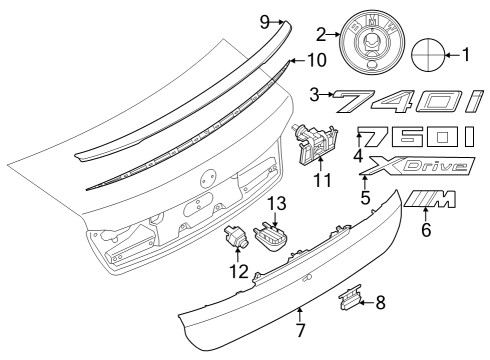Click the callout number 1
[x=467, y=54]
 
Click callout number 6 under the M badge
[x=426, y=229]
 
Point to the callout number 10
[x=316, y=60]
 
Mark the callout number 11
[x=320, y=181]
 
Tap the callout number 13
[x=275, y=204]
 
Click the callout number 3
[x=316, y=95]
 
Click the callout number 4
[x=358, y=156]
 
